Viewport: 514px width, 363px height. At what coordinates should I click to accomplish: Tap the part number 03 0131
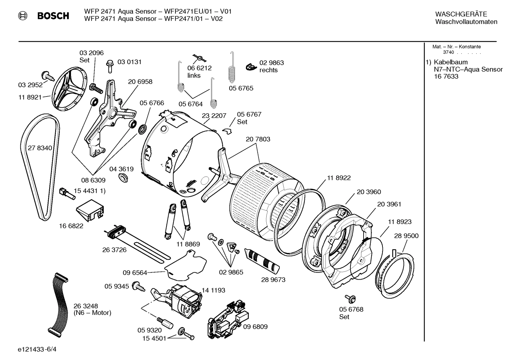(129, 62)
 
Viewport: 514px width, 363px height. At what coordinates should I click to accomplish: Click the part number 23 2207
(214, 116)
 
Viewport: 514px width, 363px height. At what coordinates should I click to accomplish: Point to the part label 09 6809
(255, 327)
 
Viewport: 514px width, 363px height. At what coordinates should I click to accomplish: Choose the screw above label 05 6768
(348, 298)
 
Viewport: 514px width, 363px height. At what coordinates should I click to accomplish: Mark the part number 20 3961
(389, 204)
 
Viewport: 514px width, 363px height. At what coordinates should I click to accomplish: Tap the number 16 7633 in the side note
(446, 77)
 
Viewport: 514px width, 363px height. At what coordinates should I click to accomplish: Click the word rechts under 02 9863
(268, 70)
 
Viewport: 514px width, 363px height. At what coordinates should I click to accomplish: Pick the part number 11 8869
(188, 244)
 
